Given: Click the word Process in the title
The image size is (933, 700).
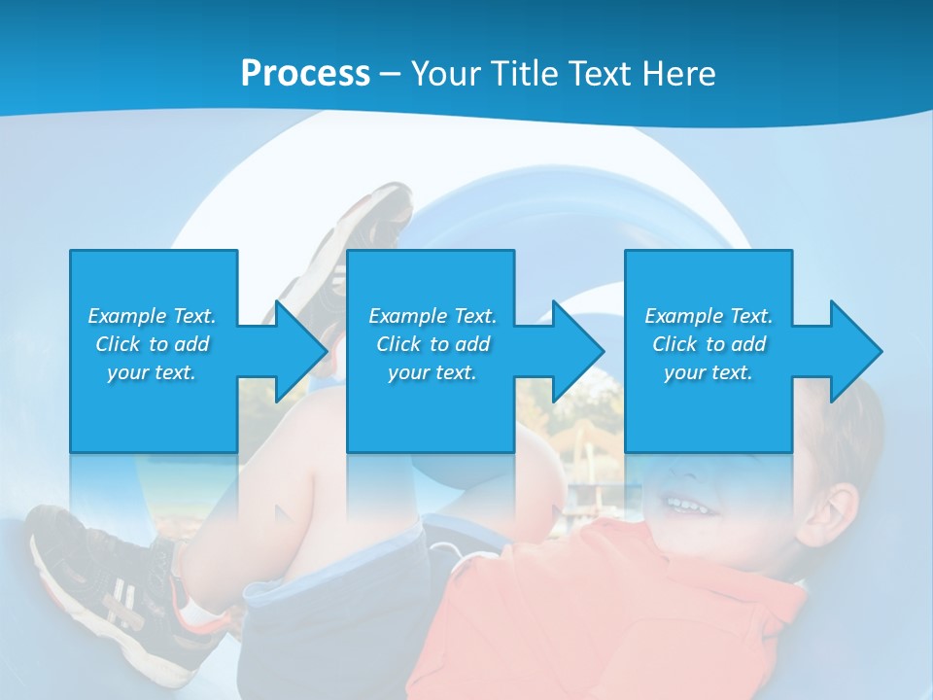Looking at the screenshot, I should point(305,74).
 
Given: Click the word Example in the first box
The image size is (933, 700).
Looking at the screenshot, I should point(126,316).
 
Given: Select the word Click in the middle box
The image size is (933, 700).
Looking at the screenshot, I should point(398,344).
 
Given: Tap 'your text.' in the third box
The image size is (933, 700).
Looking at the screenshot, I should point(708,372).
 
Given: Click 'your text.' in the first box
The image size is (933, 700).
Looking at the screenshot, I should point(152,372).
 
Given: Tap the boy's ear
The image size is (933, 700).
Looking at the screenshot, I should point(837,513).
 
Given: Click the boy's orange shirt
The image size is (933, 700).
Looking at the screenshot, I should point(603,612).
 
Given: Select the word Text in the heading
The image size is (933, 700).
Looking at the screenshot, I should point(595,74).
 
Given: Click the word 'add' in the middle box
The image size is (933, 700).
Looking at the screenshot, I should point(472,344).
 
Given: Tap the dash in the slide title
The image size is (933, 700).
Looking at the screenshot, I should point(390,74).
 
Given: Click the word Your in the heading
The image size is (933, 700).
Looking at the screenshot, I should point(443,74).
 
